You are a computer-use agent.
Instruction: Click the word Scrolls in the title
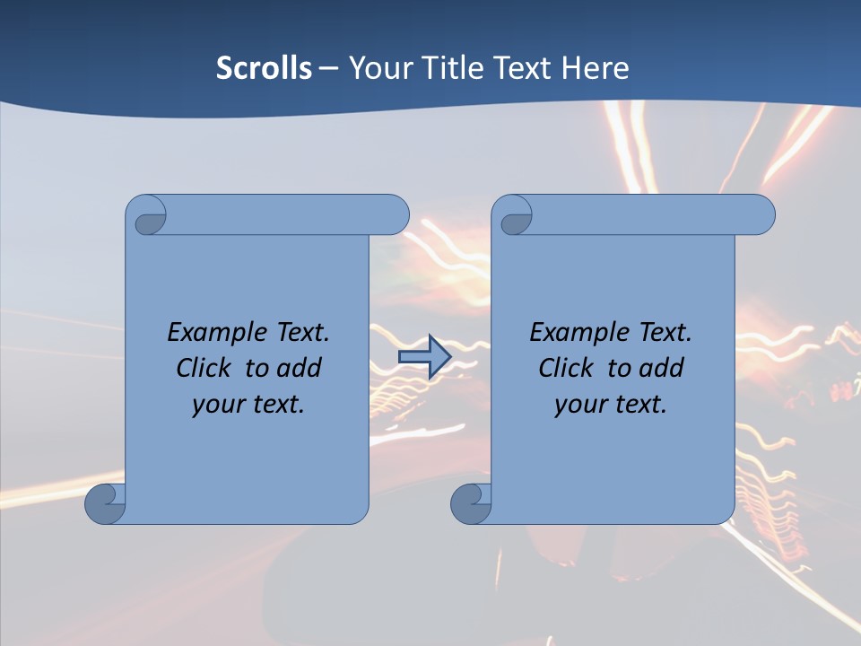pyautogui.click(x=265, y=68)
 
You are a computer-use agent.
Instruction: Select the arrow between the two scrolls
pyautogui.click(x=424, y=357)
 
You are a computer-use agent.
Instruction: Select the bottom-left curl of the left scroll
pyautogui.click(x=104, y=503)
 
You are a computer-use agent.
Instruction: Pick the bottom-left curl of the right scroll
pyautogui.click(x=470, y=503)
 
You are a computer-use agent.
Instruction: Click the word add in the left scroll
pyautogui.click(x=300, y=368)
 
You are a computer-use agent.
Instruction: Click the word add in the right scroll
pyautogui.click(x=662, y=368)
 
